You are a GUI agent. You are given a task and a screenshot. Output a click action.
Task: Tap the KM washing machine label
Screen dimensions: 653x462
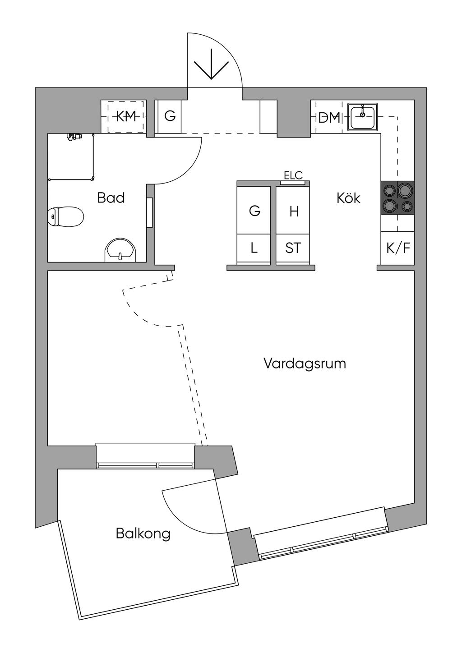[x=126, y=117]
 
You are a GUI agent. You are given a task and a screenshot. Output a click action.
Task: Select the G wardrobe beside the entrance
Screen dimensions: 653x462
[x=170, y=116]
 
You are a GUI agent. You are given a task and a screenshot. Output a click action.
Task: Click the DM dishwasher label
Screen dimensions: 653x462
[x=329, y=118]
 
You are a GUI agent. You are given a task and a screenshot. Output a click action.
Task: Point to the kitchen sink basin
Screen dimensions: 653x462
[x=362, y=116]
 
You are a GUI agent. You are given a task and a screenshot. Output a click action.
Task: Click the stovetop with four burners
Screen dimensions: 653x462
[x=397, y=198]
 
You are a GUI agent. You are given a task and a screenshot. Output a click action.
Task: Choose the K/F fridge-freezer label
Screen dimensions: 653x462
[x=397, y=248]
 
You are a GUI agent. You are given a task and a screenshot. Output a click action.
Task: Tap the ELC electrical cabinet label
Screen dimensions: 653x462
[x=293, y=175]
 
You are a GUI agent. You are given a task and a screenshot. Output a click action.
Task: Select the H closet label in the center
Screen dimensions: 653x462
[x=294, y=211]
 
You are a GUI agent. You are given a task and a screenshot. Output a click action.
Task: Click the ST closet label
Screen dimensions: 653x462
[x=293, y=248]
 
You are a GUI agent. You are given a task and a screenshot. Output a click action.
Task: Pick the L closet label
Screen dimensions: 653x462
[x=254, y=248]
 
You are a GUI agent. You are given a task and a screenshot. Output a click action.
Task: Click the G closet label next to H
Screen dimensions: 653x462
[x=254, y=211]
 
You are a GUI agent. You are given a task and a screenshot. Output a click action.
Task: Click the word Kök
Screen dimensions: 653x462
[x=348, y=198]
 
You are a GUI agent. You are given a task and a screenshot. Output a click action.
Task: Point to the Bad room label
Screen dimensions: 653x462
[x=111, y=198]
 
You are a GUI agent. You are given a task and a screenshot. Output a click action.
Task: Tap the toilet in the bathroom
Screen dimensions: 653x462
[x=66, y=216]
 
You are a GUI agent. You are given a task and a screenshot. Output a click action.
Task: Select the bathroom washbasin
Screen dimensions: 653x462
[x=120, y=251]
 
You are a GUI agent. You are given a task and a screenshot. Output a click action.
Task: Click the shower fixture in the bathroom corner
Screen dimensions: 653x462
[x=73, y=136]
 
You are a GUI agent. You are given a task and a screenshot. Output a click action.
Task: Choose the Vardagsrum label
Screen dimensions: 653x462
[x=305, y=363]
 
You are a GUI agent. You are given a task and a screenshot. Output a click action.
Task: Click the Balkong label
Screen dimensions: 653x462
[x=143, y=533]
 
